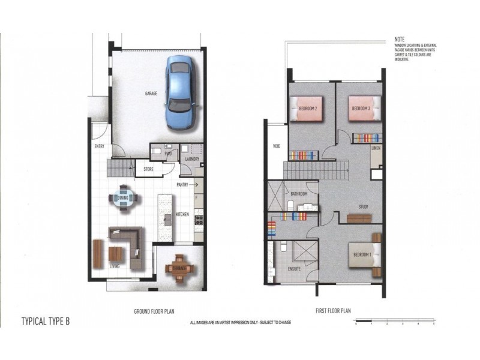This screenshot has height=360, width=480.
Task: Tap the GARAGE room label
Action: (x=151, y=94)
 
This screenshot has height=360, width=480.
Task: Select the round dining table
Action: (x=124, y=198)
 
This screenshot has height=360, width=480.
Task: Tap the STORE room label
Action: (x=148, y=169)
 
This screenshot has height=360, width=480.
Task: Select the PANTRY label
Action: (x=183, y=185)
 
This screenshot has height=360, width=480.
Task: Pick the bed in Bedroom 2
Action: (x=307, y=109)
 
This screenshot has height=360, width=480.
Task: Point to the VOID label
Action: (x=276, y=146)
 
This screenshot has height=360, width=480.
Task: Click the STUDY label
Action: (x=363, y=207)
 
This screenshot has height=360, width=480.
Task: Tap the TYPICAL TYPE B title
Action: (x=46, y=320)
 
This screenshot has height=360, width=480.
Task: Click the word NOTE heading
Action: (x=400, y=38)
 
